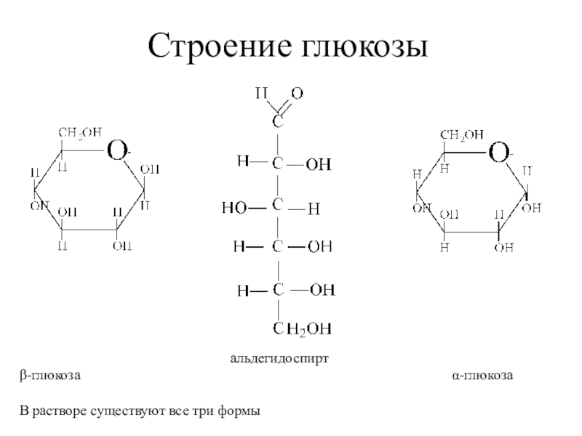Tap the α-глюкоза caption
click(x=483, y=376)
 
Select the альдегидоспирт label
click(x=280, y=359)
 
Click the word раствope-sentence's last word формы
click(x=241, y=412)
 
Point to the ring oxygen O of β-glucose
click(x=117, y=152)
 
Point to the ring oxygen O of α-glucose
click(x=498, y=154)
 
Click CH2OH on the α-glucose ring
click(x=461, y=134)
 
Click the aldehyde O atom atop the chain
click(x=298, y=94)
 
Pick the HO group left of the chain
click(x=234, y=209)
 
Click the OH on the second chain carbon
click(x=317, y=165)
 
